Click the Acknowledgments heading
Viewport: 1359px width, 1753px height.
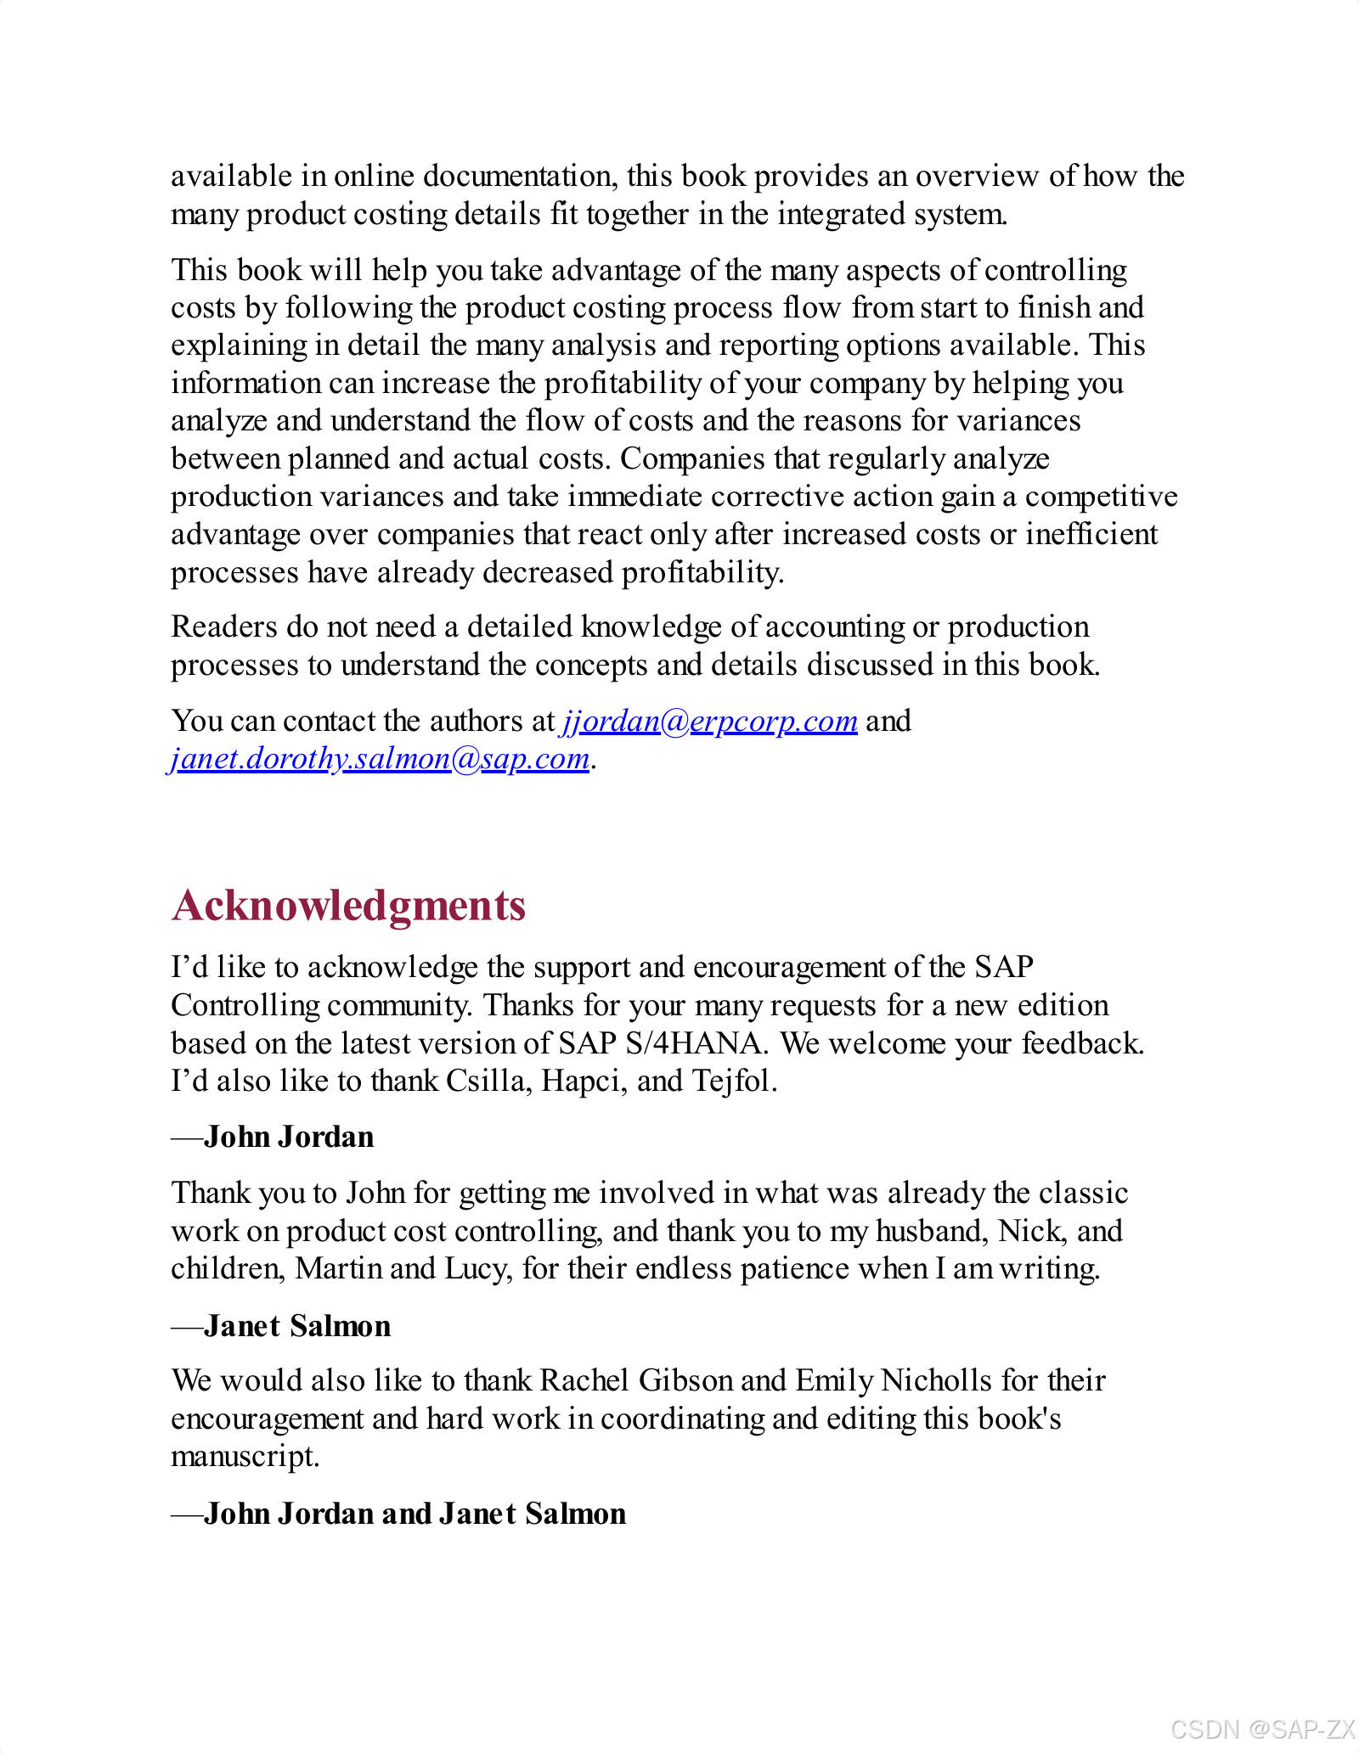pyautogui.click(x=348, y=905)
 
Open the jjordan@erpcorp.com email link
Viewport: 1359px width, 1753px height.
pyautogui.click(x=709, y=721)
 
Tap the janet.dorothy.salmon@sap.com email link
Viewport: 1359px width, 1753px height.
pyautogui.click(x=380, y=758)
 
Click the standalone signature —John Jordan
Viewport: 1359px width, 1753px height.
pyautogui.click(x=273, y=1137)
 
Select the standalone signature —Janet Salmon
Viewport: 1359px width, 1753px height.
pyautogui.click(x=281, y=1326)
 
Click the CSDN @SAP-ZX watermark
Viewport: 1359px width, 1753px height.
pyautogui.click(x=1262, y=1728)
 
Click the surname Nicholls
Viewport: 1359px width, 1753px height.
pyautogui.click(x=936, y=1380)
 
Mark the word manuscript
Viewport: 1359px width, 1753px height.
pyautogui.click(x=245, y=1456)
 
